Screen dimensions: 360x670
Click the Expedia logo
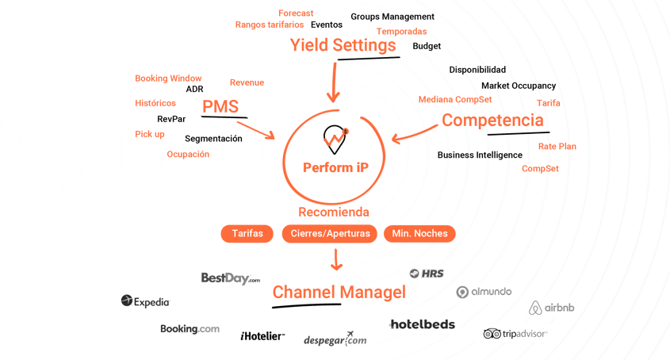tap(145, 301)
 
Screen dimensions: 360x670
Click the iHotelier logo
tap(264, 335)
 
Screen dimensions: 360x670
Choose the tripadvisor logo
tap(513, 334)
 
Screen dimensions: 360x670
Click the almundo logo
tap(485, 292)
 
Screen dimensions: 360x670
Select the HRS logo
tap(427, 273)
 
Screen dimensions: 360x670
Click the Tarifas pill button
tap(247, 234)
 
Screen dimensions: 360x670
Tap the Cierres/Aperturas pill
tap(331, 234)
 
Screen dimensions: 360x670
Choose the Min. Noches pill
tap(420, 234)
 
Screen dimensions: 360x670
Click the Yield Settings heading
tap(343, 47)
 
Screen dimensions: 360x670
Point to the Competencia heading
tap(492, 121)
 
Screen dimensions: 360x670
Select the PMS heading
tap(220, 107)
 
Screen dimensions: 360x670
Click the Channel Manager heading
tap(338, 293)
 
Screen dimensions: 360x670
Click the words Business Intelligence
tap(480, 155)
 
